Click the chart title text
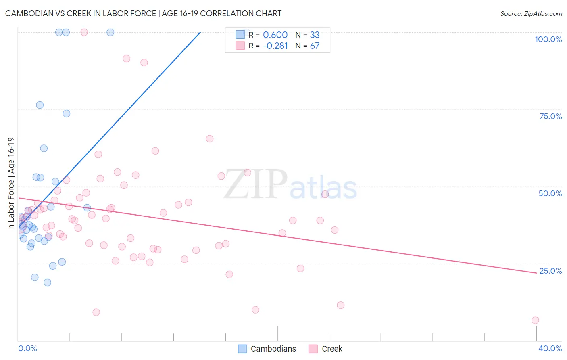coord(143,13)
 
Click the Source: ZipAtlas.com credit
coord(531,13)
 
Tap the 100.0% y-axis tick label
coord(548,39)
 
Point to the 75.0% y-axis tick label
coord(550,116)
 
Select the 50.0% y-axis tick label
coord(550,193)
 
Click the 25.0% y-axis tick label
coord(550,271)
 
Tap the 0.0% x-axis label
coord(27,348)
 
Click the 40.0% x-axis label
coord(550,348)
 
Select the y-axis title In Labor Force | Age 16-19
coord(11,184)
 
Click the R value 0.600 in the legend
coord(275,35)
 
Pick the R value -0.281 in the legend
coord(275,46)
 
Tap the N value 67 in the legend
coord(315,46)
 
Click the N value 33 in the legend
coord(315,35)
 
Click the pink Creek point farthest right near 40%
coord(535,320)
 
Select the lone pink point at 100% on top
coord(84,32)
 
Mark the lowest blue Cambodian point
coord(48,283)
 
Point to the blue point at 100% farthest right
coord(110,32)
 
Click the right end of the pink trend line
coord(536,273)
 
